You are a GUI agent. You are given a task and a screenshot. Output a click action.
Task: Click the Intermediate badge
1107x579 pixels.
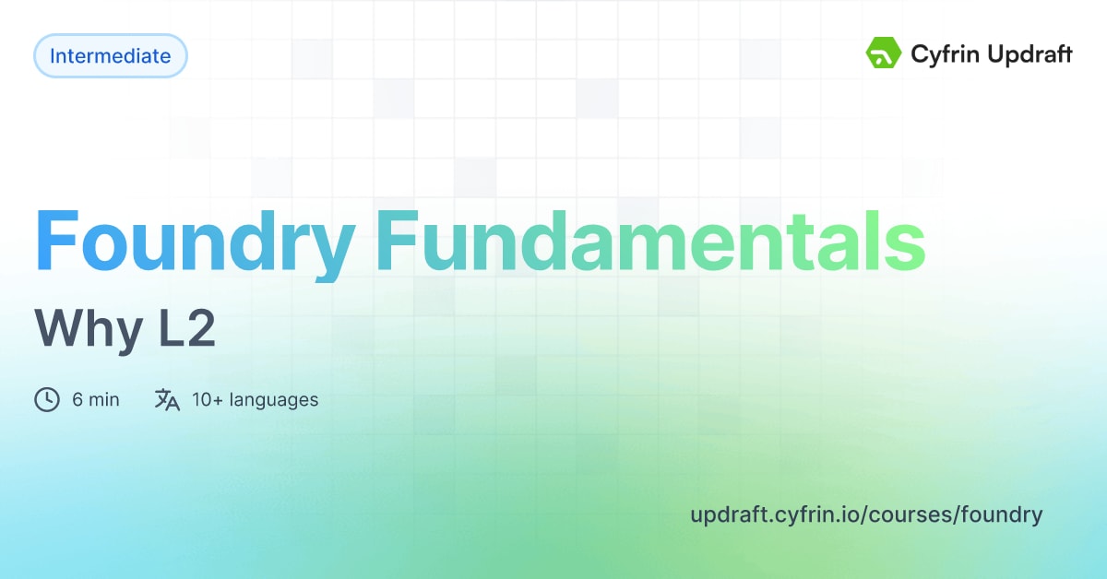111,56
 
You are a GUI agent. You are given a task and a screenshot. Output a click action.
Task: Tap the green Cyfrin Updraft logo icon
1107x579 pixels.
884,53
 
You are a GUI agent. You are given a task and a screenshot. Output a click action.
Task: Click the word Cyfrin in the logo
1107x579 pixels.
944,55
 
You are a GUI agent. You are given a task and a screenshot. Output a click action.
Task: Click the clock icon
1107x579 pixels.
46,400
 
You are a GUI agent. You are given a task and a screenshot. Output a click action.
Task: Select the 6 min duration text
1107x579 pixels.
96,400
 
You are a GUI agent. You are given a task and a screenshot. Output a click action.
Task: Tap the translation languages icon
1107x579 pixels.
167,400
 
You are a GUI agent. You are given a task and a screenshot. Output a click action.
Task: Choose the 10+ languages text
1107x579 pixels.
256,400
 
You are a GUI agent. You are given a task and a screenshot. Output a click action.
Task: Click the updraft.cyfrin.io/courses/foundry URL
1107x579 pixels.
866,514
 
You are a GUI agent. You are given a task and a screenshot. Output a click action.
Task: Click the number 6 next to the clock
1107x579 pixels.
77,400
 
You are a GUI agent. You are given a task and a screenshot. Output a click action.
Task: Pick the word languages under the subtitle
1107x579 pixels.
274,400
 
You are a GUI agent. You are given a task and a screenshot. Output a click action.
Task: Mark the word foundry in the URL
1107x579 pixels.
1002,514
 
